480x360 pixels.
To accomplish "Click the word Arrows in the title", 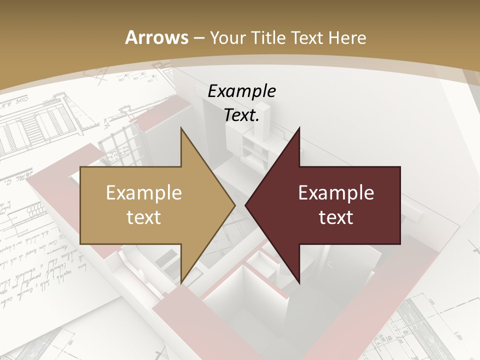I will (156, 37).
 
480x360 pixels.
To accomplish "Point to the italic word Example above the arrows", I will (241, 91).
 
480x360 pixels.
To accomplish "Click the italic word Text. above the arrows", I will (241, 115).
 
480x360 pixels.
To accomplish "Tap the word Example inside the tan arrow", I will (144, 193).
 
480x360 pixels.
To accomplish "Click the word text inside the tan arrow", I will (144, 217).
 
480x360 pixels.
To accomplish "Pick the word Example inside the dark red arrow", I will (336, 193).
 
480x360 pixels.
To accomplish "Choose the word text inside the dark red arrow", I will (336, 217).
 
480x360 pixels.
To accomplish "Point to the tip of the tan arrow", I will (234, 205).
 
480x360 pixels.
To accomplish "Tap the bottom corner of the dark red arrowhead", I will (299, 282).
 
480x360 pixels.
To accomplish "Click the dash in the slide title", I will (198, 38).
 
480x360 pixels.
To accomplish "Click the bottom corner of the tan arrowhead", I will (181, 282).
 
